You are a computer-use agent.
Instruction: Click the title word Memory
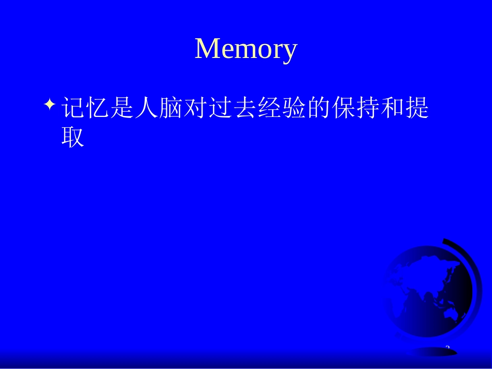(x=246, y=50)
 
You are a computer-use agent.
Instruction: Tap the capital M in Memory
(x=207, y=49)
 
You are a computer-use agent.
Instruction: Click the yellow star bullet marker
(x=50, y=105)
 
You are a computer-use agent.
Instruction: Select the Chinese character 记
(x=73, y=109)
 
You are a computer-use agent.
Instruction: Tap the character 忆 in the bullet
(x=97, y=109)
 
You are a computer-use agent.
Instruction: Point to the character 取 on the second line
(x=73, y=137)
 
